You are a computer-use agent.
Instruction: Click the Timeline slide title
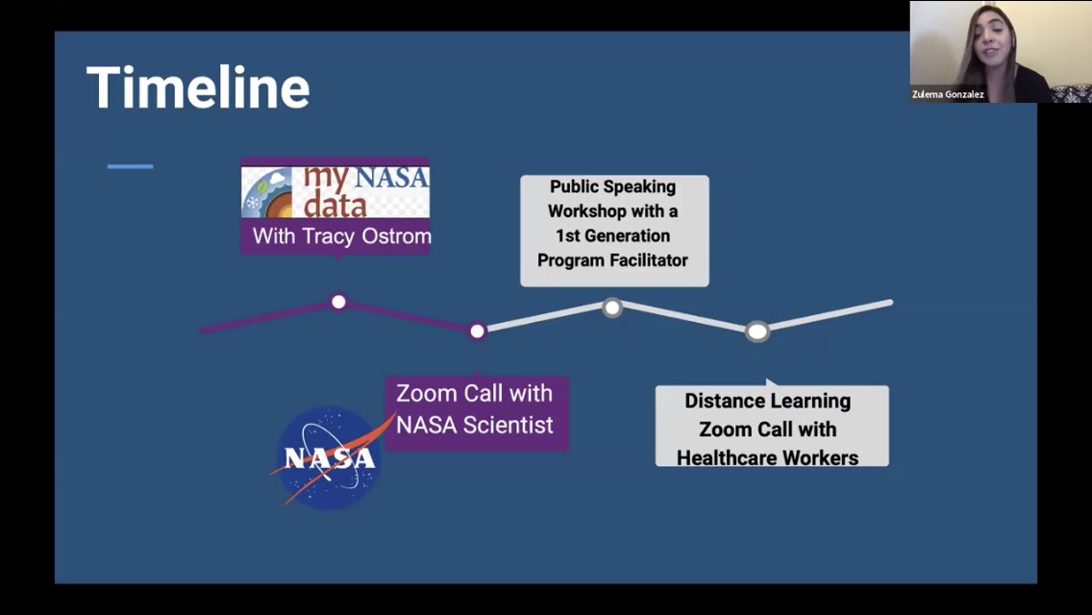198,87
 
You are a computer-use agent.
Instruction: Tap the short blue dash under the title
130,166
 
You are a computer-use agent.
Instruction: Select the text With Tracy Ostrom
342,236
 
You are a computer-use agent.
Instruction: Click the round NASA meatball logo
329,457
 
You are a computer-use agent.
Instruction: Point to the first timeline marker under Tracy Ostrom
338,302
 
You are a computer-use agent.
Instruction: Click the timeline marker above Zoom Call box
477,331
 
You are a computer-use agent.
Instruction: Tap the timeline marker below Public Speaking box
612,307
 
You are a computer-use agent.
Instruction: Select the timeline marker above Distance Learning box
757,332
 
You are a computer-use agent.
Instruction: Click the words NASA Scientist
474,425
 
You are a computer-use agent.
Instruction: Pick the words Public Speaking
613,186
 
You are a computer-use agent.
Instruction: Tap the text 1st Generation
613,235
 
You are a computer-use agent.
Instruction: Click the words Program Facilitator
613,259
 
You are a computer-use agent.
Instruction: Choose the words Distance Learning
767,401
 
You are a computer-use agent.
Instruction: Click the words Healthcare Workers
767,457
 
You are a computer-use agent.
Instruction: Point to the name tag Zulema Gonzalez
948,94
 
